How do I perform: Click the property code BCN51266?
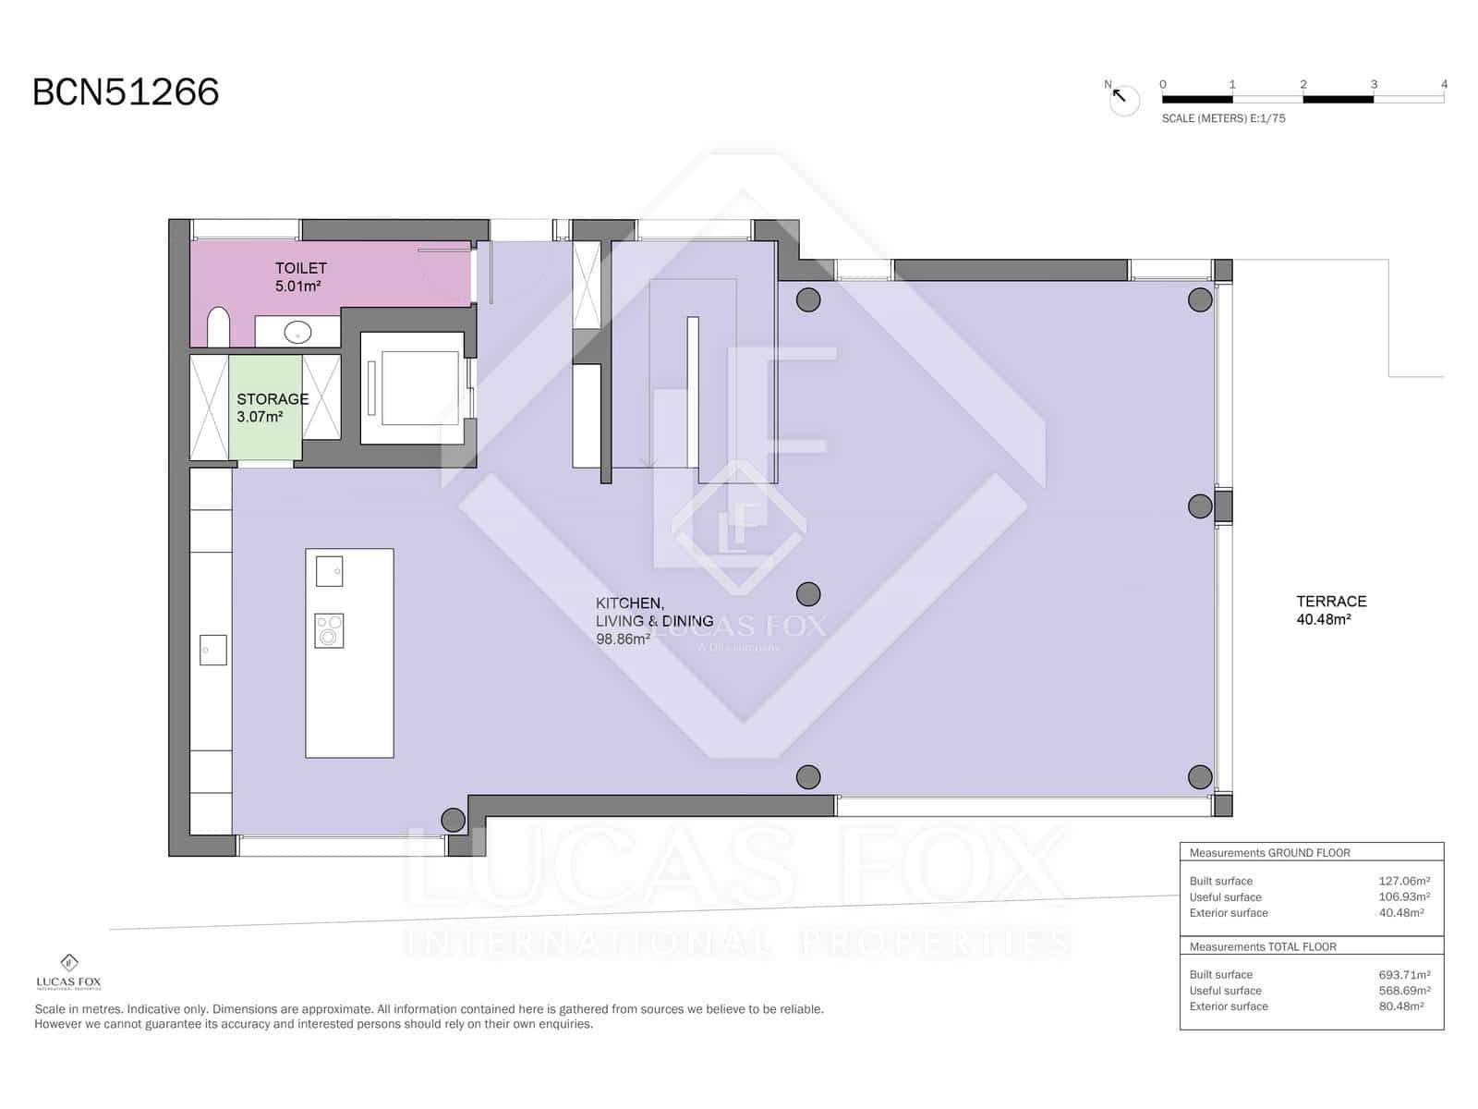126,92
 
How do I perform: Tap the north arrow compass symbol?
1123,99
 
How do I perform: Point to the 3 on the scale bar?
1374,84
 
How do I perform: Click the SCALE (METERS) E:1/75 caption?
1223,118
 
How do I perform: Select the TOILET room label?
300,268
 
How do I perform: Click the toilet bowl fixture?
219,328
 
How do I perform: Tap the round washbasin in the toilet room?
297,331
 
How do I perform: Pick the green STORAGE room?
265,408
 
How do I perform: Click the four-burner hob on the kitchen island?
329,630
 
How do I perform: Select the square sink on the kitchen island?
329,571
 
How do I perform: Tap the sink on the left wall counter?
212,650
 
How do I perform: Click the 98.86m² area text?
623,639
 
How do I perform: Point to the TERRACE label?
1331,601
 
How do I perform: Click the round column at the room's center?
808,593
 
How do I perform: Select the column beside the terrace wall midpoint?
1200,506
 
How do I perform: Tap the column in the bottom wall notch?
454,820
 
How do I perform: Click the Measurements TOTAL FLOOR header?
1263,946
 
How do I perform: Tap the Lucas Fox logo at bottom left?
69,971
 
